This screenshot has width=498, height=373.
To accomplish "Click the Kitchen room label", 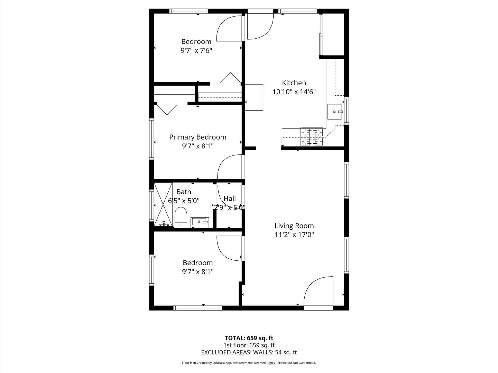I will tap(294, 83).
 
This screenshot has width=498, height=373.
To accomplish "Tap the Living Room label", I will tap(294, 226).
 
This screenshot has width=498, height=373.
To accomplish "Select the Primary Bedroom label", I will tap(197, 137).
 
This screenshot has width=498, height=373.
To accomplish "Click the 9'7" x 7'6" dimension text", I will tap(196, 50).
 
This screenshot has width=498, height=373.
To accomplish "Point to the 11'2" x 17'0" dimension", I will tap(294, 235).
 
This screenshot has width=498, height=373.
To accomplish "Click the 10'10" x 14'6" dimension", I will tap(294, 92).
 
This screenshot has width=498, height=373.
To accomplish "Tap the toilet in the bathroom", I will tap(181, 218).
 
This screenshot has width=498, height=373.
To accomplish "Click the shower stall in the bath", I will tap(163, 204).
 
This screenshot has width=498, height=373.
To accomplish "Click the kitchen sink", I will tap(335, 111).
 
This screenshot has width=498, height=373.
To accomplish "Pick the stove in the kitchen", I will tap(312, 136).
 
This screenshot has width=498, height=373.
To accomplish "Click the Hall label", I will tap(230, 198).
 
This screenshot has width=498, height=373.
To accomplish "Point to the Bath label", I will tap(184, 192).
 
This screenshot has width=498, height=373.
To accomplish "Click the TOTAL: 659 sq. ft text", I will tap(249, 338).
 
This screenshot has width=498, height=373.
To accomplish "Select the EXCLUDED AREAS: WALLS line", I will tap(249, 352).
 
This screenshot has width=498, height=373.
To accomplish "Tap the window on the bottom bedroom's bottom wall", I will tap(197, 308).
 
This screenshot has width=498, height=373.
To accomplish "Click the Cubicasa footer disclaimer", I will tap(249, 363).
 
